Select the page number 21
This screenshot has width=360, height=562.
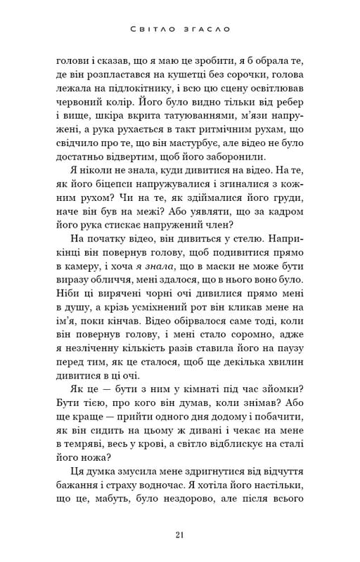(x=180, y=536)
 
